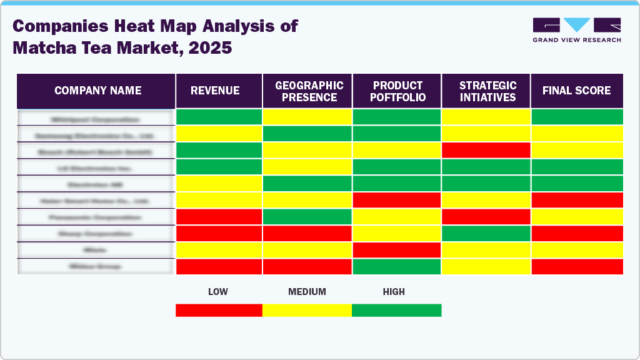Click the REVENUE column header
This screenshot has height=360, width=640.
tap(215, 91)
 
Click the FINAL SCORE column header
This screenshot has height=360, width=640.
tap(576, 91)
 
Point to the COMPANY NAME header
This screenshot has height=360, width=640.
tap(98, 91)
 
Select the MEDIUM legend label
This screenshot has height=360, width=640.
tap(307, 292)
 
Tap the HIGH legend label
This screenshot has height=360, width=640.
tap(394, 292)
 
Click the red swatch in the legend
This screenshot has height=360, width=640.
tap(219, 310)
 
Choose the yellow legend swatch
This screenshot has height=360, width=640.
tap(307, 310)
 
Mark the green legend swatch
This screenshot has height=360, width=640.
tap(396, 310)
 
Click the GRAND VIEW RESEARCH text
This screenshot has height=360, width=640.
tap(576, 40)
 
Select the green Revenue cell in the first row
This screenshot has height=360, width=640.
tap(219, 117)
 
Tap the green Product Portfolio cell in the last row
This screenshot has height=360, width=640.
tap(397, 266)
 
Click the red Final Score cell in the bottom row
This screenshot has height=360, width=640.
tap(577, 266)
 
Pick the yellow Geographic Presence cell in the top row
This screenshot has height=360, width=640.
tap(307, 117)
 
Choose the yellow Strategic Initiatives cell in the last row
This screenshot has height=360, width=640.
tap(486, 266)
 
